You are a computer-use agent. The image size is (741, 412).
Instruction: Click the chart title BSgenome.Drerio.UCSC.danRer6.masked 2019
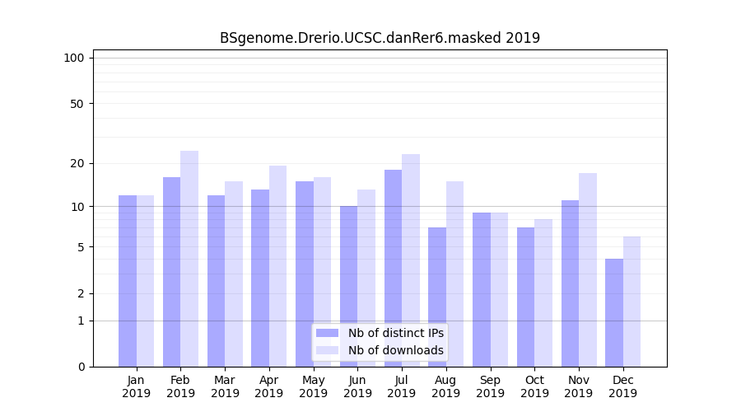click(380, 38)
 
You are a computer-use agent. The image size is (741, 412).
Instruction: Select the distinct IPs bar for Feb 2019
click(171, 272)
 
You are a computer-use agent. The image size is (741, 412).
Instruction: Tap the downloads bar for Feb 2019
click(189, 259)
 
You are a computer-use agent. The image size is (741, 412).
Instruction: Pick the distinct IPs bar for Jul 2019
click(393, 268)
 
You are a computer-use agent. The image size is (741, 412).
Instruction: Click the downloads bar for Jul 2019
click(411, 260)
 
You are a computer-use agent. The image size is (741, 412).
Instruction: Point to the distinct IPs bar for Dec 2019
click(614, 312)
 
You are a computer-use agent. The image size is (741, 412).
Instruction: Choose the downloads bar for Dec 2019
click(631, 302)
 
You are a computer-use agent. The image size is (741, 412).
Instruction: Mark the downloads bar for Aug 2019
click(454, 274)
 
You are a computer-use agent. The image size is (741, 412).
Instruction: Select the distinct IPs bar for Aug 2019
click(437, 297)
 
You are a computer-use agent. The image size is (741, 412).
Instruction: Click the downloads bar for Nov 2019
click(587, 269)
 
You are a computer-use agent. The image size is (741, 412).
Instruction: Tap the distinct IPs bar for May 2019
click(305, 274)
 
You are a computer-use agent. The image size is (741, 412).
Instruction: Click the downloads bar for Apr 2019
click(277, 266)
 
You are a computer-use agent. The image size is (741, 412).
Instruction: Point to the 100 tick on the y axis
click(74, 58)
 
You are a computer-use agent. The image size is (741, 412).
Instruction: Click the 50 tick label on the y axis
click(77, 104)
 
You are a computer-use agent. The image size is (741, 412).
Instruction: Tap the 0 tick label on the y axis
click(81, 367)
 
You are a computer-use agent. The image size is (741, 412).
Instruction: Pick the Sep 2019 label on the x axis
click(490, 386)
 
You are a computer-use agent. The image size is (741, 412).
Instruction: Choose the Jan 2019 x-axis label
click(136, 386)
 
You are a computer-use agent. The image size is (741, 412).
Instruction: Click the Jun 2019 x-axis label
click(357, 386)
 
